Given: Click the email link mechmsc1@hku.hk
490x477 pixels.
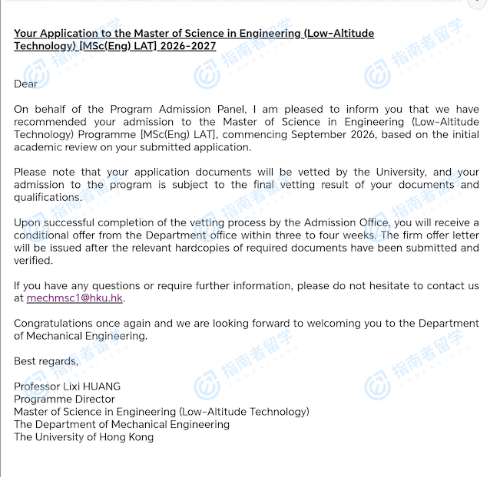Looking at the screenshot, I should (x=74, y=298).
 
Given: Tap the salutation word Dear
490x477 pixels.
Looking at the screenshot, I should (x=25, y=84).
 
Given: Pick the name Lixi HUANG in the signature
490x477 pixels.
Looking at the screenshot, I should (x=94, y=386).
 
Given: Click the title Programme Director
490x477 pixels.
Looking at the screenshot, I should (x=65, y=399).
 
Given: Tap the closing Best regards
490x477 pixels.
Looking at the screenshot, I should (x=45, y=361).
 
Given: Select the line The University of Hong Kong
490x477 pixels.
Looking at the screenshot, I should (x=84, y=436).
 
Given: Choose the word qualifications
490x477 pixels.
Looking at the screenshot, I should (x=47, y=197).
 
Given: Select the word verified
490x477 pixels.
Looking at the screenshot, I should (x=33, y=260).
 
